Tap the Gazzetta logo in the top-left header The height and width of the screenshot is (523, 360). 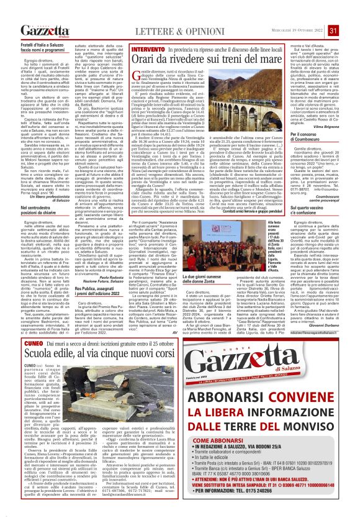[45, 31]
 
